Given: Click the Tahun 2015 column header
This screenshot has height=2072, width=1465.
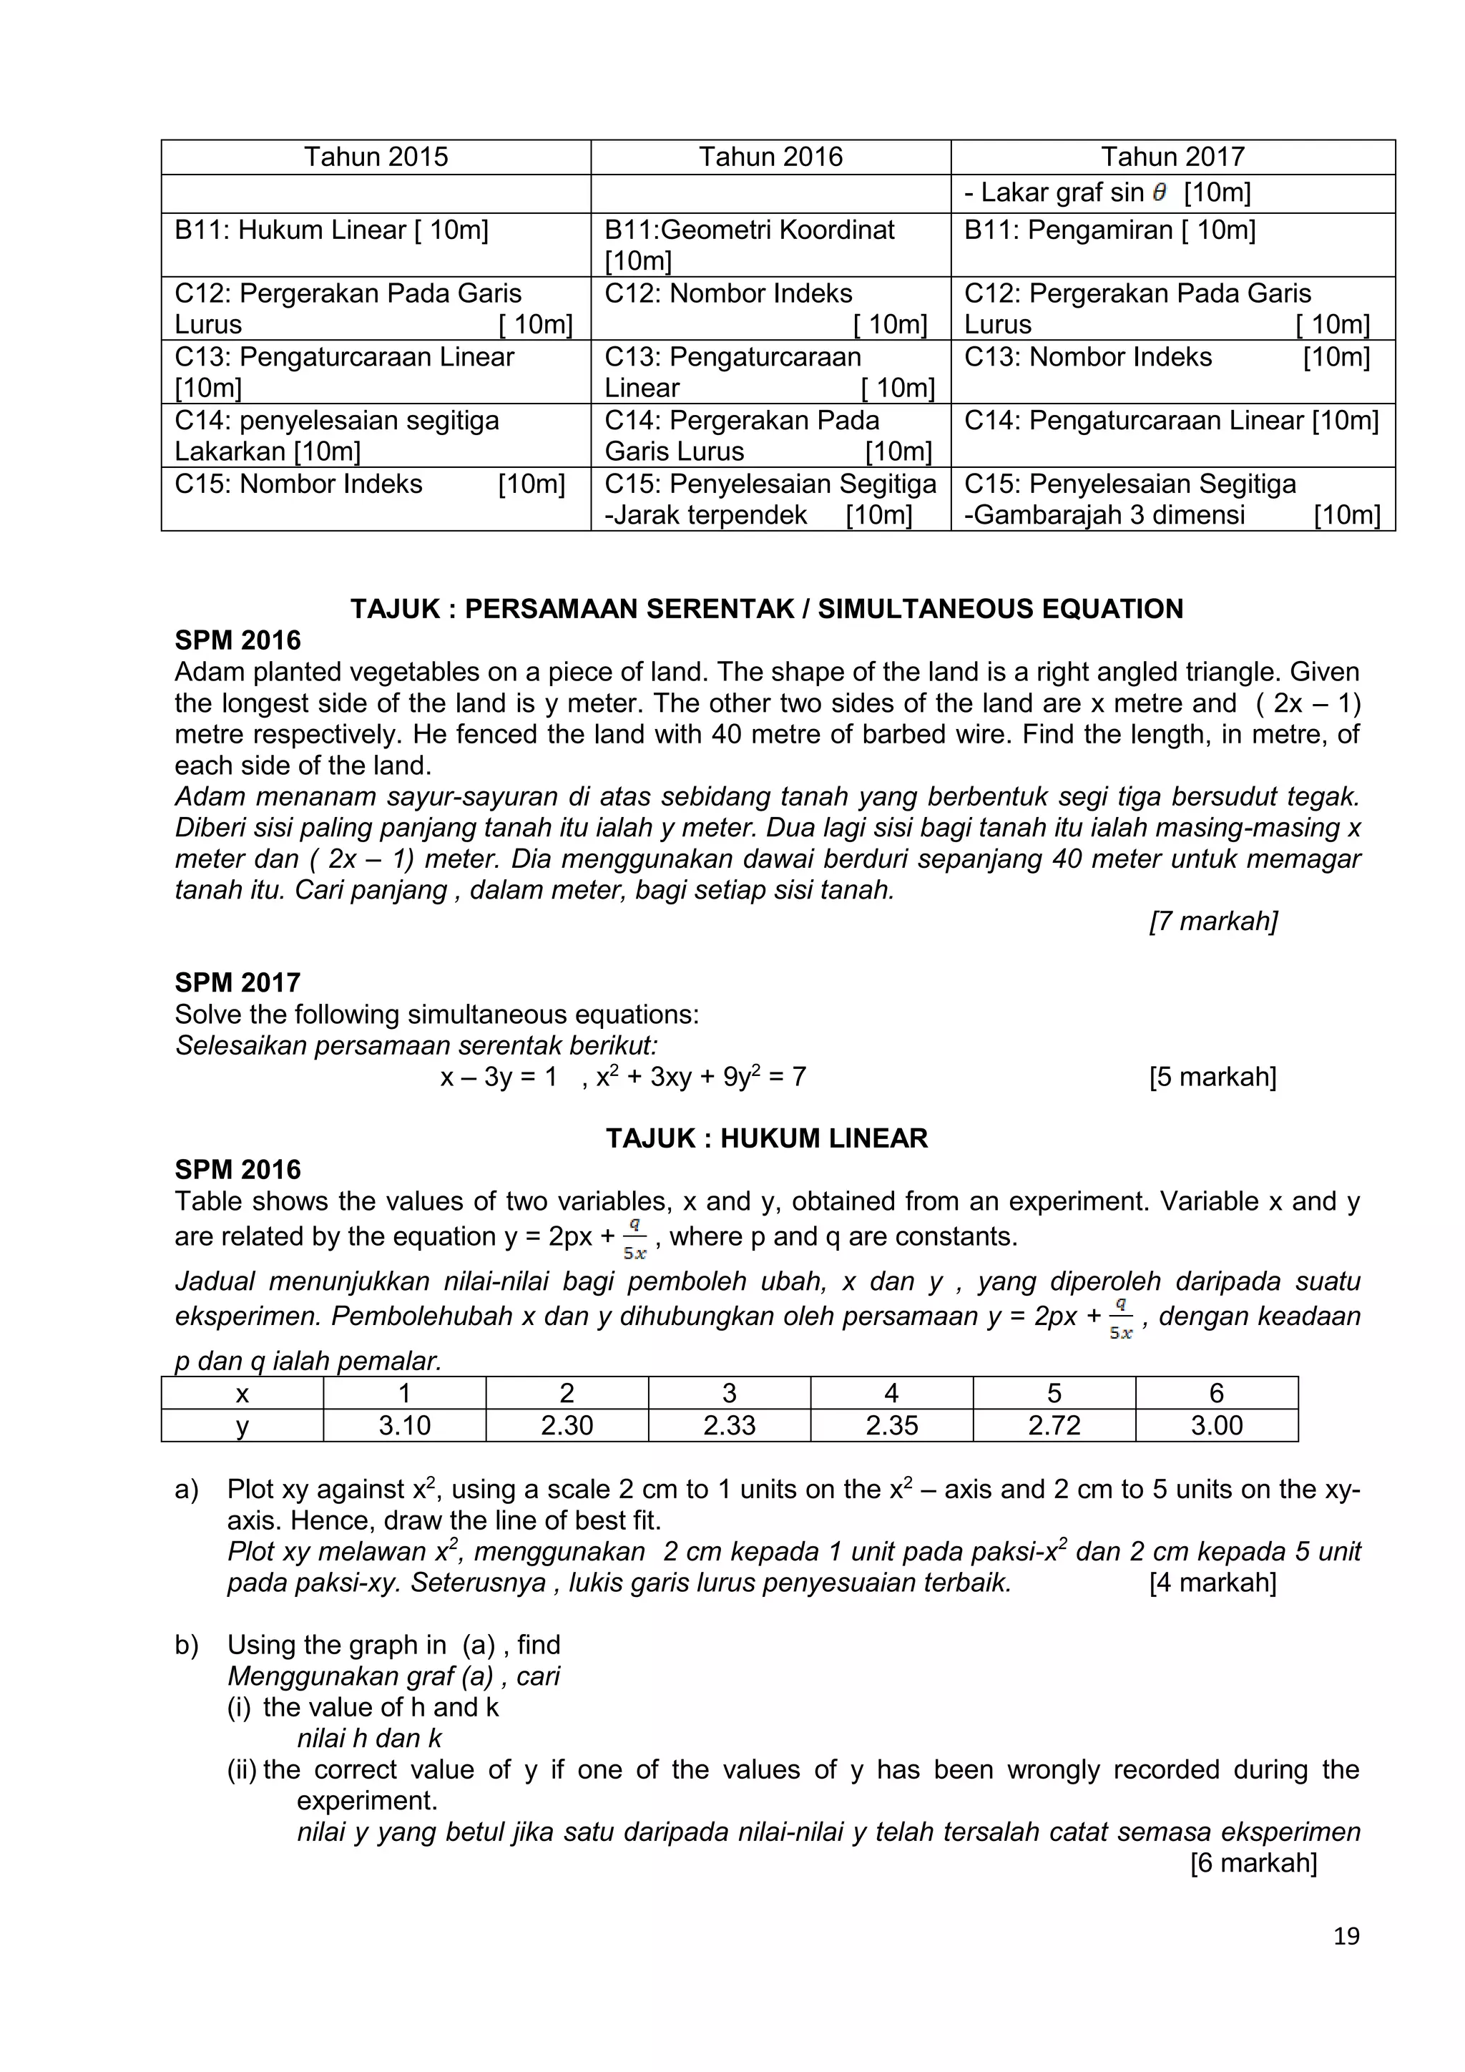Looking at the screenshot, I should [376, 157].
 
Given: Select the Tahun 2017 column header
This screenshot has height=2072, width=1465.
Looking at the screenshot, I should [1172, 157].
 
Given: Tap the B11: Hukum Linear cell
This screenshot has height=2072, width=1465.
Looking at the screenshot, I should [332, 230].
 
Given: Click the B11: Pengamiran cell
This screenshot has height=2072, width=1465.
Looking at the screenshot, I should [1109, 230].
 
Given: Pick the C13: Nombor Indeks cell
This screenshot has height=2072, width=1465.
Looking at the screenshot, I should [1088, 357].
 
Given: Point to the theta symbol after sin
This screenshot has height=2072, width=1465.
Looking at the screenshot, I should [1159, 192].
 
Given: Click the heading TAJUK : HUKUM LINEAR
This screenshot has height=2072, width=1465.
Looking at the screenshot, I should [766, 1138].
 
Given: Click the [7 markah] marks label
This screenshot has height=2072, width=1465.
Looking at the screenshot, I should [1212, 921].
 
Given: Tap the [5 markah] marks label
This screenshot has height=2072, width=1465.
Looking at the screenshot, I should [1212, 1077].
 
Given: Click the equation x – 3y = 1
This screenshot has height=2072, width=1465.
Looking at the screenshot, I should [498, 1077].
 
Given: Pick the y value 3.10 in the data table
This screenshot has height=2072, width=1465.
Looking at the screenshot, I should [404, 1425].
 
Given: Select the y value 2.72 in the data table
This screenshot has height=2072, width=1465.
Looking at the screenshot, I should [1054, 1425].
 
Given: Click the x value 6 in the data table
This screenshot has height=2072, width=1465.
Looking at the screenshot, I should [1216, 1393].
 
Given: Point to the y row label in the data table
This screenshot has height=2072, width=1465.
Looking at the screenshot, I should [242, 1425].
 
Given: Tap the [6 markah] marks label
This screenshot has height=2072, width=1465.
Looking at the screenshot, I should [1253, 1862].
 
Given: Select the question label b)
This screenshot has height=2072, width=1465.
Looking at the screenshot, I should [187, 1644].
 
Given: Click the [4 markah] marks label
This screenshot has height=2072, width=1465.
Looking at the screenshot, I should [1212, 1582].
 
